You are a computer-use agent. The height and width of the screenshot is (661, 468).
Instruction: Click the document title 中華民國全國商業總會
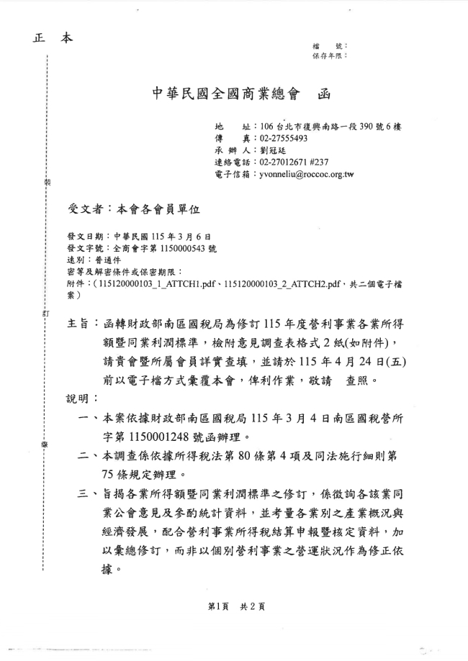tap(226, 94)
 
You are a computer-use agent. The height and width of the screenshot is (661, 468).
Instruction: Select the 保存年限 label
tap(328, 55)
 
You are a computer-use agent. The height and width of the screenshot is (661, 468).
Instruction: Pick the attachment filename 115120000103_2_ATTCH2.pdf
tap(282, 284)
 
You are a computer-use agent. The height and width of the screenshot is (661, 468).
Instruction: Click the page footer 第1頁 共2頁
tap(236, 606)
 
